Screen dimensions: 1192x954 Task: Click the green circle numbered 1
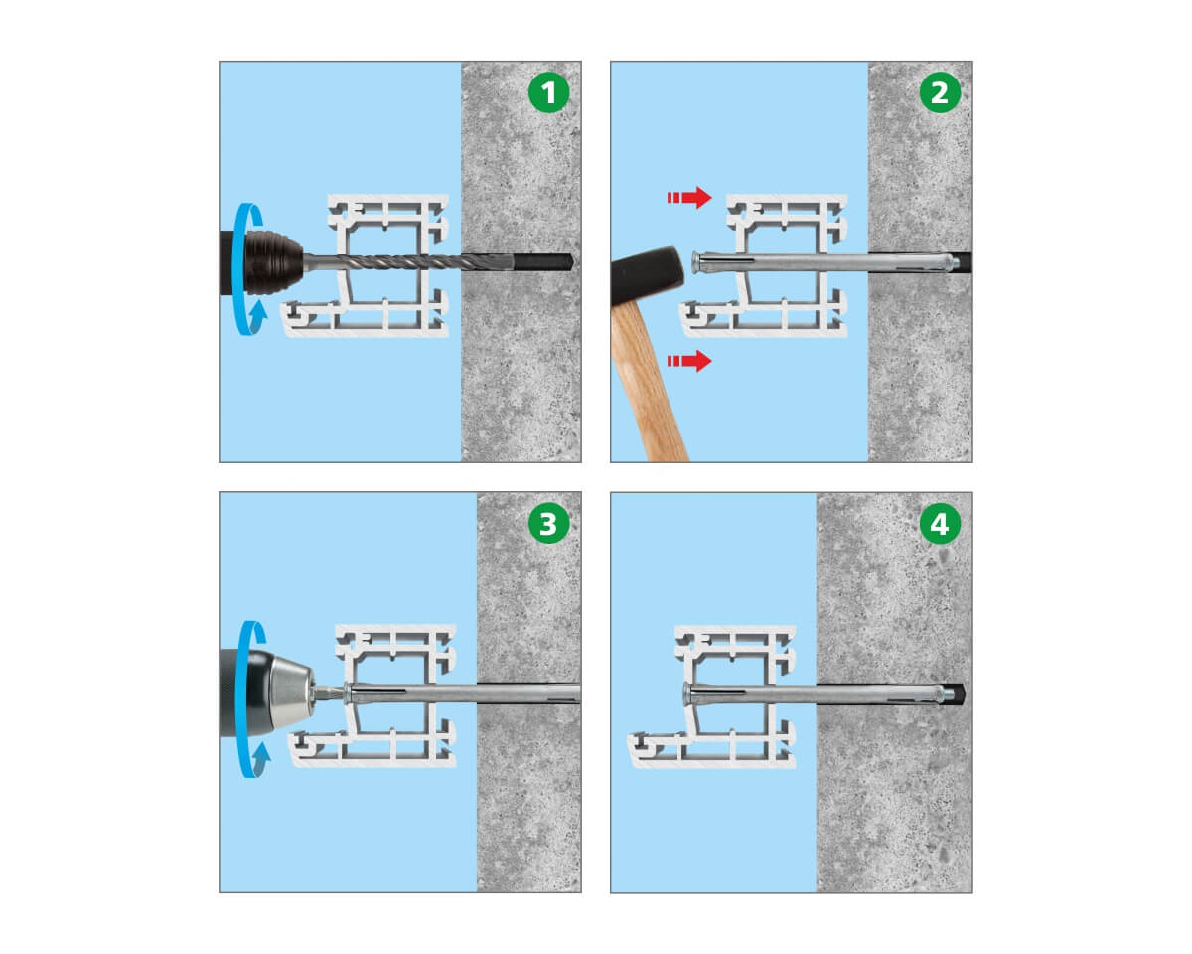[x=548, y=92]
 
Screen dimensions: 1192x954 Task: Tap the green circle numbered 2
[x=940, y=92]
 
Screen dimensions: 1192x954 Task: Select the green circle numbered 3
[x=548, y=524]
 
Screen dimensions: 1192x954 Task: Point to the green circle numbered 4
[x=940, y=524]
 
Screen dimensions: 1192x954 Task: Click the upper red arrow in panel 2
[x=689, y=198]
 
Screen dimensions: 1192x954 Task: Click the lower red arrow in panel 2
[x=689, y=361]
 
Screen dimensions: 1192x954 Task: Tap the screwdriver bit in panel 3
[x=330, y=693]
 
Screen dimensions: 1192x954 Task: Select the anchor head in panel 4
[x=688, y=694]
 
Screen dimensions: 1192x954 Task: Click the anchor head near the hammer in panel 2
[x=696, y=262]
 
